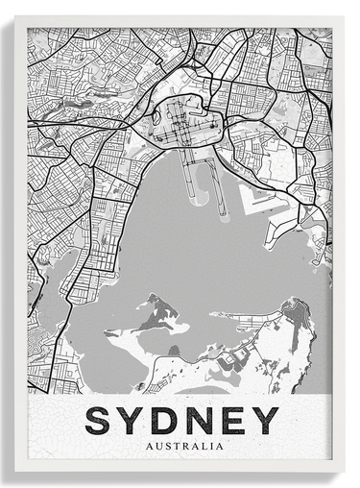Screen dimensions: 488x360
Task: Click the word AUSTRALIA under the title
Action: click(181, 446)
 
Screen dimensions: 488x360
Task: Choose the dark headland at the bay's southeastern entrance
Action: click(296, 312)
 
